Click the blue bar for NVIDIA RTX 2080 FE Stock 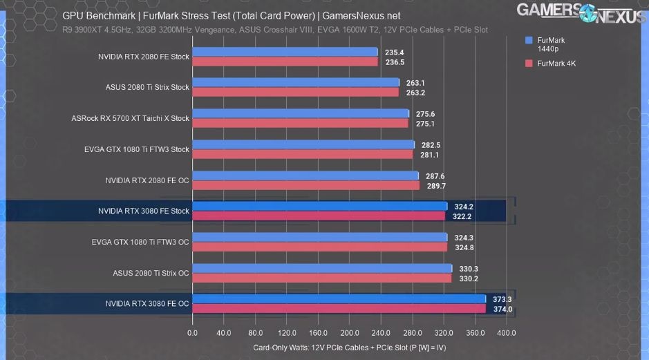[x=285, y=52]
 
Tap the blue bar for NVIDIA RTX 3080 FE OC [x=339, y=299]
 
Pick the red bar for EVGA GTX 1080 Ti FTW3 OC [x=319, y=247]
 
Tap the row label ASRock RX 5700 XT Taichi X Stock [x=130, y=118]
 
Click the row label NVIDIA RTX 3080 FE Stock [x=143, y=211]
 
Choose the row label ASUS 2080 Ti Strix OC [x=151, y=273]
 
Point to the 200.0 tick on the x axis [x=349, y=332]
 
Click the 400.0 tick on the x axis [x=506, y=332]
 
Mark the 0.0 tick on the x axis [x=192, y=332]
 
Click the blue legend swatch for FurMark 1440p [x=529, y=41]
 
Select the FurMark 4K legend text [x=556, y=64]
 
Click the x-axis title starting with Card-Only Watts [x=349, y=348]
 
